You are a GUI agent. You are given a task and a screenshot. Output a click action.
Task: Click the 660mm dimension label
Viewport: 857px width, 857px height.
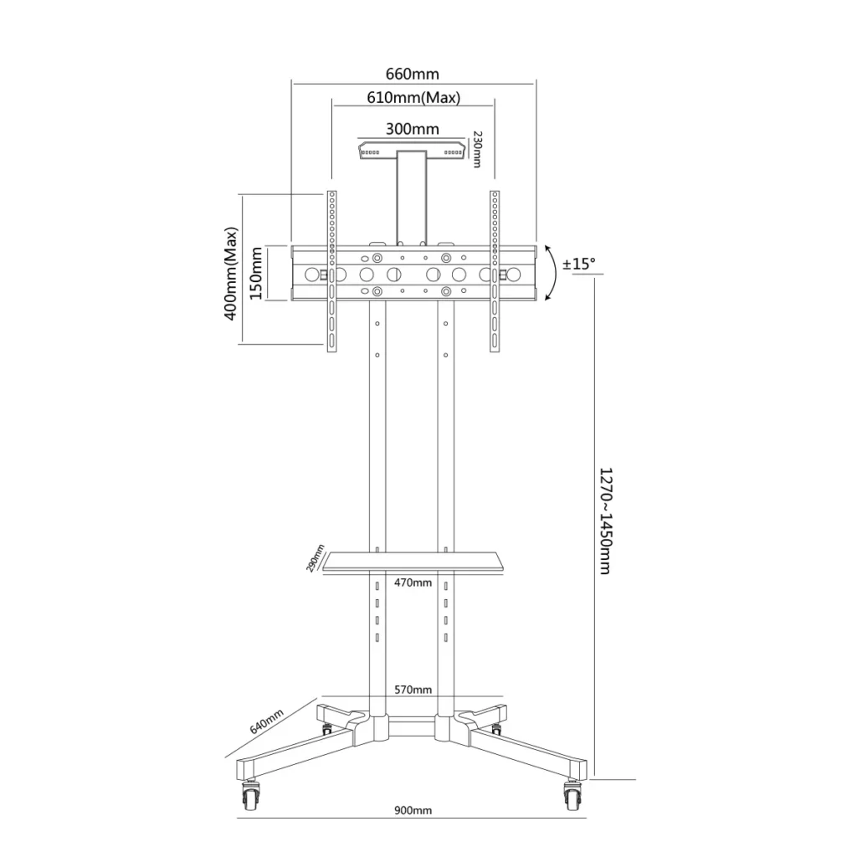pyautogui.click(x=412, y=74)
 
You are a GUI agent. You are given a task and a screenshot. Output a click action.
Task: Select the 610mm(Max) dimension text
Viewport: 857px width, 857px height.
pyautogui.click(x=413, y=97)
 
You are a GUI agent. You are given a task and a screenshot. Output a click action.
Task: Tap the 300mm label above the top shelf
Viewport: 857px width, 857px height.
pyautogui.click(x=412, y=129)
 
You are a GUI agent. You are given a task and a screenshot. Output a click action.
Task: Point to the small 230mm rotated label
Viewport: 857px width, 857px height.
pyautogui.click(x=476, y=149)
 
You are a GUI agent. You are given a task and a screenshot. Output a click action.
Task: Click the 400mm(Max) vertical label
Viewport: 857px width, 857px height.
pyautogui.click(x=231, y=274)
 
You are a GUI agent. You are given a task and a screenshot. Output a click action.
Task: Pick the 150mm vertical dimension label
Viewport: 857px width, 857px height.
pyautogui.click(x=256, y=274)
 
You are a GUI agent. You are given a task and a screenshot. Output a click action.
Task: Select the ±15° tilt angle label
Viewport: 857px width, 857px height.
pyautogui.click(x=579, y=264)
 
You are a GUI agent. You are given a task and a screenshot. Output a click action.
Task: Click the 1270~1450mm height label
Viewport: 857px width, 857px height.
pyautogui.click(x=606, y=521)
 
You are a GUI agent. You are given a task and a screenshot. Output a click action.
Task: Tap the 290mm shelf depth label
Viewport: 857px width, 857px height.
pyautogui.click(x=315, y=558)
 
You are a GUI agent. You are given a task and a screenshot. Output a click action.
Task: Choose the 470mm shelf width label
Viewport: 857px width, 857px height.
pyautogui.click(x=413, y=582)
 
